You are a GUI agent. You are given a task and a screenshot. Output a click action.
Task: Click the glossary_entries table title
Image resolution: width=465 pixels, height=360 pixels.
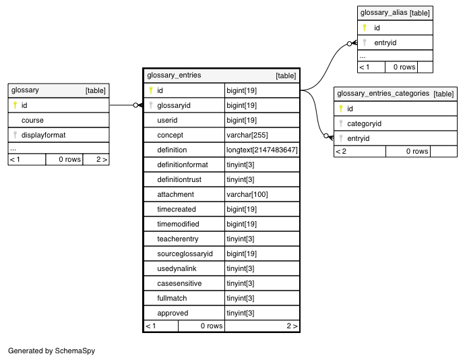tap(174, 75)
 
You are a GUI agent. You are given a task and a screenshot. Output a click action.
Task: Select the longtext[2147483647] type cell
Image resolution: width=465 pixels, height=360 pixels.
tap(262, 150)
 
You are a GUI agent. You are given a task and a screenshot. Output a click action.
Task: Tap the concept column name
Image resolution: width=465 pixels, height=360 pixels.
tap(170, 135)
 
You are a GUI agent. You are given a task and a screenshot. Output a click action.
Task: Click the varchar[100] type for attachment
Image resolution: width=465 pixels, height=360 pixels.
tap(247, 194)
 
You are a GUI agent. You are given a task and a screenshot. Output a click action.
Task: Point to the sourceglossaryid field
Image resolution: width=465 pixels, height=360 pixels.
tap(185, 253)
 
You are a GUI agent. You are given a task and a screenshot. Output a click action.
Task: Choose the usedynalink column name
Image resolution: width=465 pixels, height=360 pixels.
tap(177, 268)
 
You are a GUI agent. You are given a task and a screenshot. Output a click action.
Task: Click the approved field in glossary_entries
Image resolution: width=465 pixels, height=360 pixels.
tap(173, 313)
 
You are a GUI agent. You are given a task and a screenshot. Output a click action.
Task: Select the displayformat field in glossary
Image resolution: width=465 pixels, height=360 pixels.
tap(43, 135)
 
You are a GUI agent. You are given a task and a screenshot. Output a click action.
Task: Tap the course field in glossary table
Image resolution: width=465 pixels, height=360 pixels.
tap(32, 120)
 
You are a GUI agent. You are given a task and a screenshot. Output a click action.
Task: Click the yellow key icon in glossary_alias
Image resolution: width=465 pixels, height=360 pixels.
tap(365, 28)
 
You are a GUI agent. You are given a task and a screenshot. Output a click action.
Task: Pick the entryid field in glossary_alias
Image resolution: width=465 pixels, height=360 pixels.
tap(385, 42)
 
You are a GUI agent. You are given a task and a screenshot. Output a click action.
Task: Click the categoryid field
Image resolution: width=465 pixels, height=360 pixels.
tap(364, 123)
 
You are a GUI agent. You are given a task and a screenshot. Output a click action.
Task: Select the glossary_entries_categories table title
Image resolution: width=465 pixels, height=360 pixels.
tap(383, 94)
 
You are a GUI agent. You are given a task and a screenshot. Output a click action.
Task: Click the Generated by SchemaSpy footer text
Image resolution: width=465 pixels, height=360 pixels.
tap(51, 351)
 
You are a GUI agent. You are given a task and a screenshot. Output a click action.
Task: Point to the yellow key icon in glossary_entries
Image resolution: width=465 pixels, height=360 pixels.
tap(151, 90)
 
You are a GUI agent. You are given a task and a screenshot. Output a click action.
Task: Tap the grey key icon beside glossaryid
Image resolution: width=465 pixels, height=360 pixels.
tap(151, 105)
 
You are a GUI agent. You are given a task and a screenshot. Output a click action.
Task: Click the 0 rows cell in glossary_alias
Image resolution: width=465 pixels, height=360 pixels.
tap(404, 67)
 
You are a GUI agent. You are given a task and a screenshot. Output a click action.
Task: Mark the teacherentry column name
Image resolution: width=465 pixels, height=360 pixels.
tap(178, 239)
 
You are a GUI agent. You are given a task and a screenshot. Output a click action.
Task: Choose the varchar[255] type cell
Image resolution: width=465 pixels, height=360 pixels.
tap(247, 135)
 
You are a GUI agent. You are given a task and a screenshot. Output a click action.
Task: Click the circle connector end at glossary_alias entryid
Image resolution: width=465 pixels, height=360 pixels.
tap(349, 44)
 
